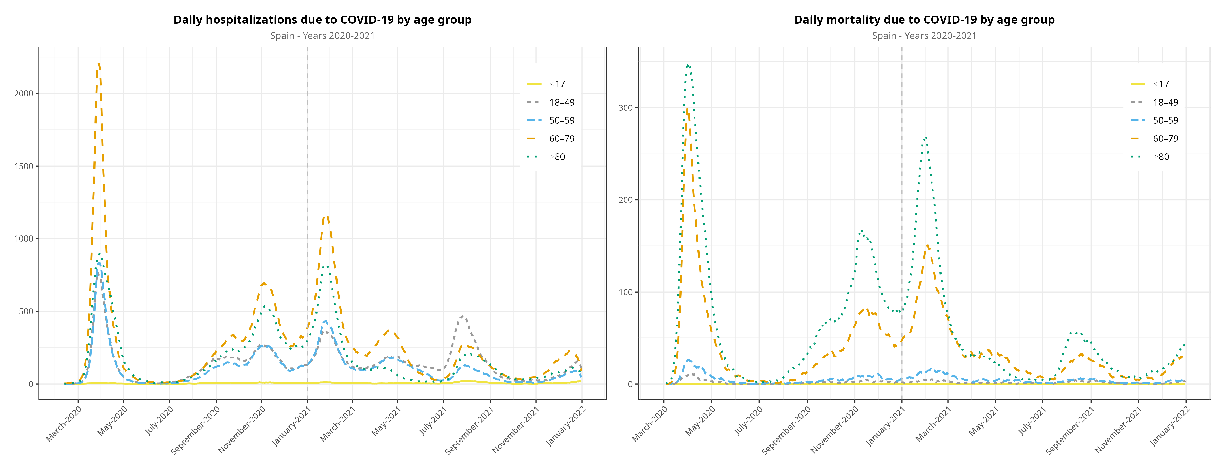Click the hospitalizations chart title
pos(322,20)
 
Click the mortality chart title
pos(924,20)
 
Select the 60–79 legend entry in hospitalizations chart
pos(561,139)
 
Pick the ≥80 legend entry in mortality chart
pos(1160,157)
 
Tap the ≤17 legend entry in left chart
pos(557,84)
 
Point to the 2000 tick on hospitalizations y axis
pos(24,93)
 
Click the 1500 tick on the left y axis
pos(24,166)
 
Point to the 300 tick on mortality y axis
pos(625,108)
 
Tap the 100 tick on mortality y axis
pos(625,292)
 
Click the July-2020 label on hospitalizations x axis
pos(159,420)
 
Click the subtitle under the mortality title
pos(924,36)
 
